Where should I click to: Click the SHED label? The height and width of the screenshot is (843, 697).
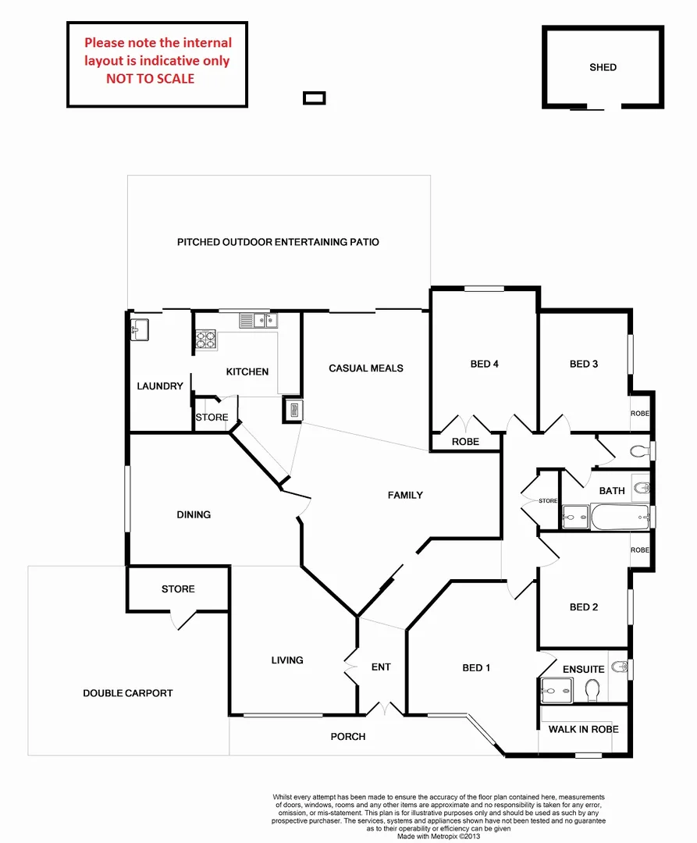click(603, 67)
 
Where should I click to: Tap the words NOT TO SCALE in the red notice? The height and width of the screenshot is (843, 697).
click(151, 78)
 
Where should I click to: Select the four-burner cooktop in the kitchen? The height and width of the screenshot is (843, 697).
click(205, 340)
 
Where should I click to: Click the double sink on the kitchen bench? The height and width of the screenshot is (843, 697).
click(258, 319)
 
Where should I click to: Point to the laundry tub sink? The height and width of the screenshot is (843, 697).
click(140, 329)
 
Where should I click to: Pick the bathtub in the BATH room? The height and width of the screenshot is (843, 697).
click(620, 516)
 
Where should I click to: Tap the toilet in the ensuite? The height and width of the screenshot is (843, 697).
click(592, 689)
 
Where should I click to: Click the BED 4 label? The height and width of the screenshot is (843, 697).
click(484, 364)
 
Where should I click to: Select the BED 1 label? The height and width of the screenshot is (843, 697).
click(476, 668)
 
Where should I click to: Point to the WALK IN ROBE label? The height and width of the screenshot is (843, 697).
click(583, 729)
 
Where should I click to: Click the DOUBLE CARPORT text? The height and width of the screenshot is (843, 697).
click(128, 693)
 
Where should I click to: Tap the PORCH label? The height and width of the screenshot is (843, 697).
click(347, 736)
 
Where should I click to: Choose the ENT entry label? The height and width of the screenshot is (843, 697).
click(381, 667)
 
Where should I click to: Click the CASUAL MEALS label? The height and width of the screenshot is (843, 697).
click(365, 368)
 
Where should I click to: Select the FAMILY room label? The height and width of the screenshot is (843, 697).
click(405, 495)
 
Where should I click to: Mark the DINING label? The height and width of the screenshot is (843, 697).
click(194, 514)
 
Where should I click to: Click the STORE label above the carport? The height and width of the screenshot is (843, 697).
click(178, 589)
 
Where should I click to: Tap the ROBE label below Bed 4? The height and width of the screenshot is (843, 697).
click(465, 442)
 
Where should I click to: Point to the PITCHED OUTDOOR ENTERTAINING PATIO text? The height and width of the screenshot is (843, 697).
click(278, 242)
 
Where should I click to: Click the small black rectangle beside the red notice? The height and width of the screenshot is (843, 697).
click(314, 98)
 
